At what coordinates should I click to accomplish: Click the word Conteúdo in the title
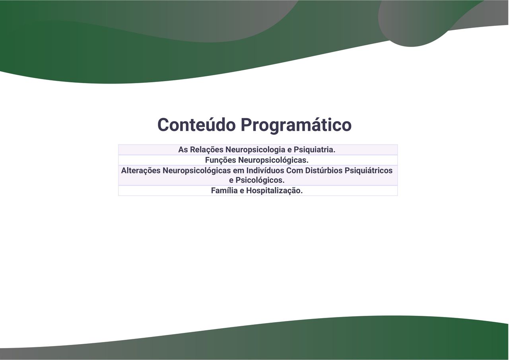pyautogui.click(x=196, y=125)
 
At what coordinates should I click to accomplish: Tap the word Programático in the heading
pyautogui.click(x=296, y=126)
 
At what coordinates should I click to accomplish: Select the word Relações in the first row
pyautogui.click(x=206, y=150)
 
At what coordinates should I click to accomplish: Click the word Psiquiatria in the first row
pyautogui.click(x=315, y=150)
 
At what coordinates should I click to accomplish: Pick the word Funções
pyautogui.click(x=220, y=160)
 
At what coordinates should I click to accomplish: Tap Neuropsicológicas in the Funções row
pyautogui.click(x=273, y=160)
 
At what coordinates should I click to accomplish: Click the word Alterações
pyautogui.click(x=141, y=171)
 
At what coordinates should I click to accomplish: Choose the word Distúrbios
pyautogui.click(x=324, y=171)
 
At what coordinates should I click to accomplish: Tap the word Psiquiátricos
pyautogui.click(x=368, y=171)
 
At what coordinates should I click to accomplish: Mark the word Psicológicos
pyautogui.click(x=260, y=180)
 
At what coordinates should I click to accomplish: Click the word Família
pyautogui.click(x=224, y=191)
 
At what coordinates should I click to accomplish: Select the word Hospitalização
pyautogui.click(x=274, y=191)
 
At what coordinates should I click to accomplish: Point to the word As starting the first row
pyautogui.click(x=183, y=150)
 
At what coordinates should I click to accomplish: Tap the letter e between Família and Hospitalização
pyautogui.click(x=242, y=191)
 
